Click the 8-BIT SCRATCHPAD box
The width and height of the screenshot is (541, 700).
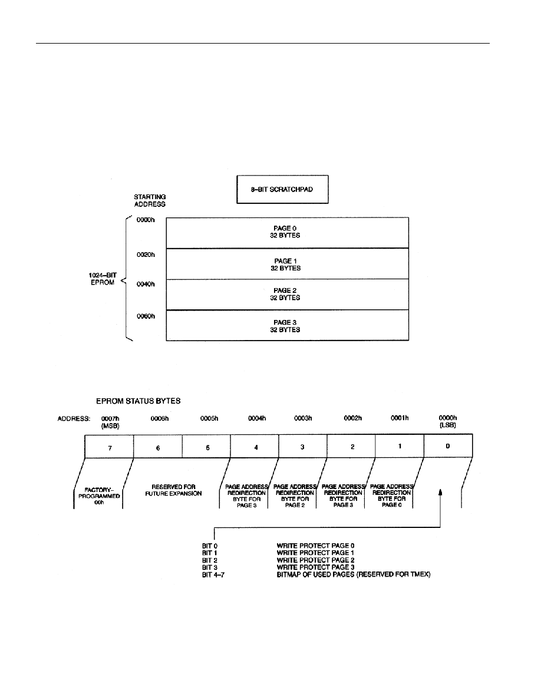pos(282,189)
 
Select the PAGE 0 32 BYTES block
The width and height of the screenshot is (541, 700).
pos(287,233)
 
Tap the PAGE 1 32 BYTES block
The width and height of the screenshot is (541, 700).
pos(287,264)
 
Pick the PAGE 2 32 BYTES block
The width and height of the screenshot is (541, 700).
pos(287,294)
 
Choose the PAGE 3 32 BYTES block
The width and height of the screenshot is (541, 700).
pos(287,325)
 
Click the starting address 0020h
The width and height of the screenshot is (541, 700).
pos(146,255)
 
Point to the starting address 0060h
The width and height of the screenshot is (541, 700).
pos(146,316)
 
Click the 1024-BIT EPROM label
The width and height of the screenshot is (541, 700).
pos(102,279)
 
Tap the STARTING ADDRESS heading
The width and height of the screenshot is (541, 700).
pos(150,200)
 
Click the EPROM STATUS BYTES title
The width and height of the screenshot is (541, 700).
pos(138,401)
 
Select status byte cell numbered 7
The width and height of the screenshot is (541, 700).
pos(110,447)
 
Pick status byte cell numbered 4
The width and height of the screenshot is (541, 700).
pos(255,447)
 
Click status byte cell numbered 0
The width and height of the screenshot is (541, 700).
pos(448,446)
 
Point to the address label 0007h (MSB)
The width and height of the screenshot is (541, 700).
pos(110,422)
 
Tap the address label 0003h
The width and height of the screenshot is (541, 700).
pos(303,418)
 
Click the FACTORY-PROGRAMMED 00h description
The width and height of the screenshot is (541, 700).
pos(99,496)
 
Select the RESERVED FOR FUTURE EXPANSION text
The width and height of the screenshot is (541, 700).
pos(173,490)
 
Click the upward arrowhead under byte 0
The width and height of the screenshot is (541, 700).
pos(441,492)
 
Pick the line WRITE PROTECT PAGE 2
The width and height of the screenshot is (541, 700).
pos(315,560)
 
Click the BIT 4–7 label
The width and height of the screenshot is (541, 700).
pos(213,574)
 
